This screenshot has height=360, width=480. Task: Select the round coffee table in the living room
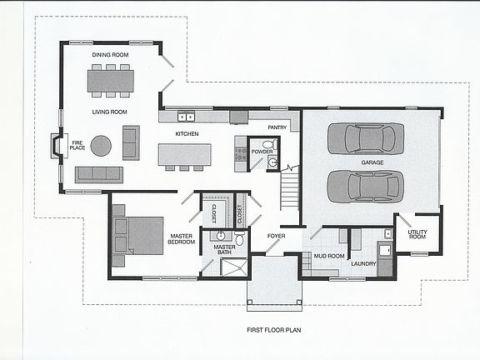tap(101, 146)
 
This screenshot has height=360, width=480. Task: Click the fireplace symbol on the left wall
tap(56, 147)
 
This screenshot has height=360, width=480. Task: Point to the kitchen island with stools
tap(184, 154)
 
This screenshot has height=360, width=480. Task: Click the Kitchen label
tap(185, 133)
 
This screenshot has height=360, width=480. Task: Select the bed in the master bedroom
tap(137, 235)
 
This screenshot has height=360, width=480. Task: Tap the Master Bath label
tap(224, 250)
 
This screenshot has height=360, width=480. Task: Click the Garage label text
tap(372, 162)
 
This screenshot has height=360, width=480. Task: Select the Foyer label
tap(276, 236)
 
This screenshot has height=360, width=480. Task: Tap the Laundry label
tap(363, 264)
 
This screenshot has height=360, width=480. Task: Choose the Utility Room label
tap(417, 236)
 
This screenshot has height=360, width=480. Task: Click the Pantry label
tap(277, 127)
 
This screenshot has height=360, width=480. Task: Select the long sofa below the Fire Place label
tap(98, 174)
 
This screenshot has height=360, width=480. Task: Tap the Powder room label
tap(262, 152)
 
